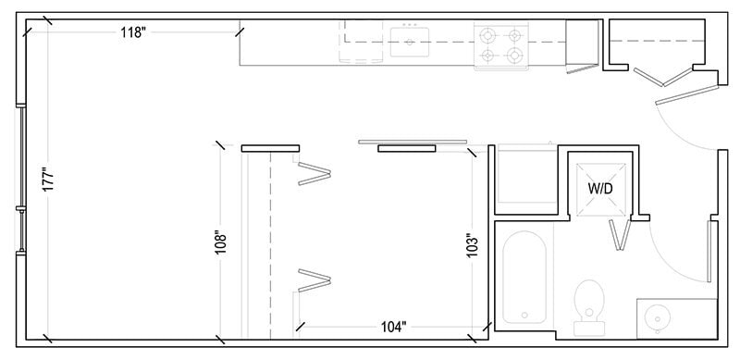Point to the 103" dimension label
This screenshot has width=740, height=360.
pyautogui.click(x=473, y=247)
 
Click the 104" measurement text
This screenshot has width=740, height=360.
pyautogui.click(x=394, y=327)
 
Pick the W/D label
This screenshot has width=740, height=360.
pyautogui.click(x=600, y=187)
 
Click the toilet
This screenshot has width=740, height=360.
pyautogui.click(x=588, y=304)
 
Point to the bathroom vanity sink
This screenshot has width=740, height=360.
pyautogui.click(x=660, y=318)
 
